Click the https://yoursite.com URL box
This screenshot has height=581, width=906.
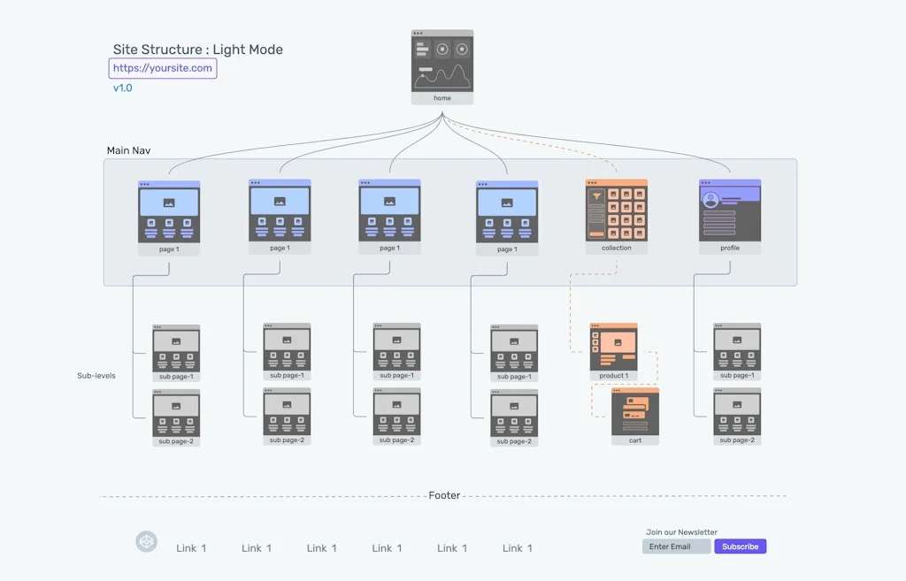(x=163, y=68)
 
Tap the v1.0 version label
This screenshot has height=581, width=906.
(x=122, y=88)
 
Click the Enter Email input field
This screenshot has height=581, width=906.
(x=676, y=547)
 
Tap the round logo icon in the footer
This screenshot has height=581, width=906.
(x=146, y=542)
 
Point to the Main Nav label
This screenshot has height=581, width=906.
(x=128, y=150)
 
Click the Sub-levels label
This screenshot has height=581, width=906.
(x=96, y=376)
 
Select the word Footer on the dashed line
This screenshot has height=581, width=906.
(x=444, y=496)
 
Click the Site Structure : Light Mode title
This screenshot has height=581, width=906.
(x=198, y=50)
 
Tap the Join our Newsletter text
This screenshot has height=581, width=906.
(x=681, y=532)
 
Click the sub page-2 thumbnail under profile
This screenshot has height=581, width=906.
(x=737, y=414)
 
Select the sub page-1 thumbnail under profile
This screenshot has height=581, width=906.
(x=737, y=348)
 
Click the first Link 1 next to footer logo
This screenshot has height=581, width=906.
(x=191, y=548)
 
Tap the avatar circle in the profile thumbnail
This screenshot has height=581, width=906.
(x=710, y=200)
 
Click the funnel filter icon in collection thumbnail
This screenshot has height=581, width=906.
(x=597, y=196)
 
